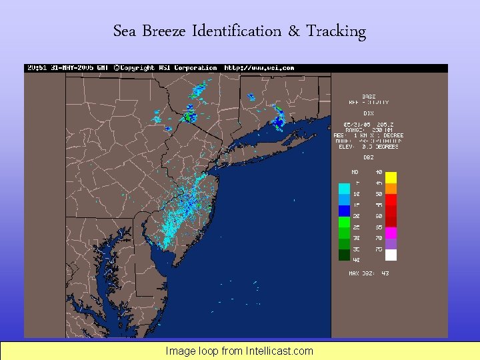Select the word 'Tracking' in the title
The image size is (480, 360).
tap(336, 31)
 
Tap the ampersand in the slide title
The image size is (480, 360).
tap(294, 31)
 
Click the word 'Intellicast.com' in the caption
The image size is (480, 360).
tap(279, 351)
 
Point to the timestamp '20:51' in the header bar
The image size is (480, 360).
tap(35, 68)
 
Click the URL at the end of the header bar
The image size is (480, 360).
tap(259, 68)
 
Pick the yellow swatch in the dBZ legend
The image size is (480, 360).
tap(391, 177)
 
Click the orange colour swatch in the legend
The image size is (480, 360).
tap(391, 188)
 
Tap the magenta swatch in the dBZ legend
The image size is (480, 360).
tap(391, 232)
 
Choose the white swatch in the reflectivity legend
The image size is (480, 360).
tap(391, 255)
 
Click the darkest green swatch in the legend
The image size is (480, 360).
tap(344, 255)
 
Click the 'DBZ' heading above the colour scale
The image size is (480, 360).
tap(368, 158)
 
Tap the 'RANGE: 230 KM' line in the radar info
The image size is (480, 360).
tap(369, 129)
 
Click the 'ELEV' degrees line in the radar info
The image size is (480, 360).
tap(369, 147)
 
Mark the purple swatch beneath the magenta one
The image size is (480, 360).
tap(391, 243)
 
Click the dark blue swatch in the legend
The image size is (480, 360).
tap(344, 210)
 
